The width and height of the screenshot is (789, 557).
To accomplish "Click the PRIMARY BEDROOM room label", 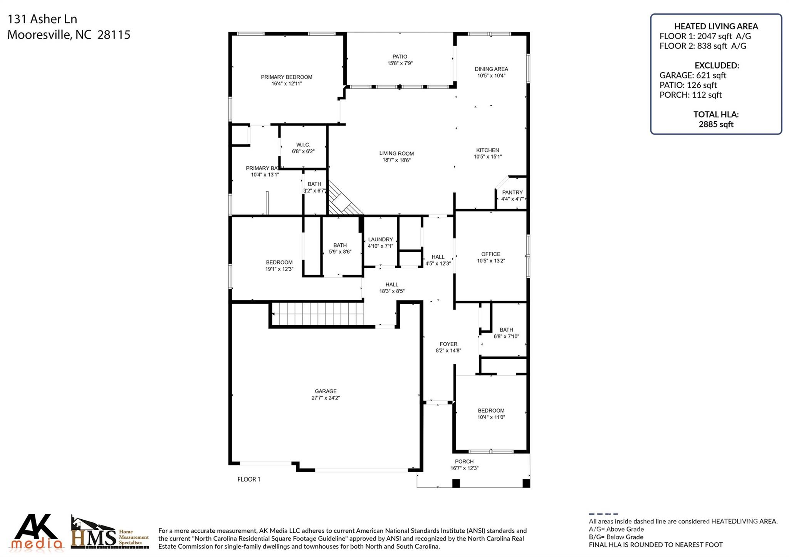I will [286, 77].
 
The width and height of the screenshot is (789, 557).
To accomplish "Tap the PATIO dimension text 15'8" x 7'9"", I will [400, 63].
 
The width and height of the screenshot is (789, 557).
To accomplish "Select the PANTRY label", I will [512, 192].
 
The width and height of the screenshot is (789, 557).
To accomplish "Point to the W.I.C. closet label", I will [303, 145].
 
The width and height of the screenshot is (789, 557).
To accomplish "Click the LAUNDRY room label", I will [380, 239].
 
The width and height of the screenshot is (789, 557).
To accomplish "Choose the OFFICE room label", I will [490, 254].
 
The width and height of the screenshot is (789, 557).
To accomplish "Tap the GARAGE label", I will [326, 391].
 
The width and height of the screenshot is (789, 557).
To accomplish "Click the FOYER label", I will [448, 344].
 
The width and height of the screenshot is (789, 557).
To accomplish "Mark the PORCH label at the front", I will [464, 462].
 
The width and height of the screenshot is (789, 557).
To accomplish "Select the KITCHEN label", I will [487, 150].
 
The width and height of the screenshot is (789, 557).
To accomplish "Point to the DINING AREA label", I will [491, 69].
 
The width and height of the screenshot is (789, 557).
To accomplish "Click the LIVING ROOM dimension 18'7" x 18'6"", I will [396, 160].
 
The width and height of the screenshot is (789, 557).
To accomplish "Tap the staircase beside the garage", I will [318, 314].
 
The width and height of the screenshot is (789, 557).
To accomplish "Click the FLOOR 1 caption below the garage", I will [248, 479].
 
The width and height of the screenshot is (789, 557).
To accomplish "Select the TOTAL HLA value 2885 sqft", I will [716, 124].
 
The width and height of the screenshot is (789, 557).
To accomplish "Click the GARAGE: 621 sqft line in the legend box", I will [692, 75].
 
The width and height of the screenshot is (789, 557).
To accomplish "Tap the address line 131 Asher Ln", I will [42, 19].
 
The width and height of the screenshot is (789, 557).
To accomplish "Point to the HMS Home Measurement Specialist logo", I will [110, 533].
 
